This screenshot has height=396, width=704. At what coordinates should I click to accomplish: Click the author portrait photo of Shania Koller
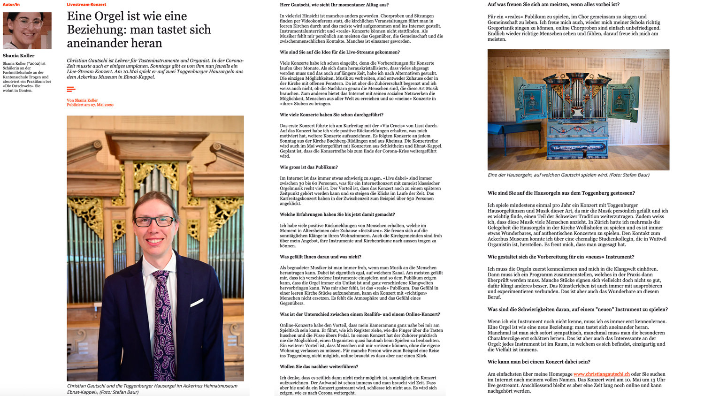(x=27, y=30)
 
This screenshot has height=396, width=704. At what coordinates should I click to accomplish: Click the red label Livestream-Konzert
(x=86, y=5)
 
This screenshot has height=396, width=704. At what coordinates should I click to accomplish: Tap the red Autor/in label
(x=11, y=5)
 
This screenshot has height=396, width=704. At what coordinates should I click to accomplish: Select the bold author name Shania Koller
(x=19, y=55)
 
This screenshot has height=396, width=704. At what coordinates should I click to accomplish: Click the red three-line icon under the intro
(x=71, y=89)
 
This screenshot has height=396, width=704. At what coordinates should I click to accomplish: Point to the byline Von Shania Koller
(x=82, y=100)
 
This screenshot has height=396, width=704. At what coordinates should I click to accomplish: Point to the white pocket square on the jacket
(x=197, y=303)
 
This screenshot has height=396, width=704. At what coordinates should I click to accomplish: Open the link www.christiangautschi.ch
(x=601, y=374)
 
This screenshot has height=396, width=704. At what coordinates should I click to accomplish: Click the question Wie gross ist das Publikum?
(x=308, y=167)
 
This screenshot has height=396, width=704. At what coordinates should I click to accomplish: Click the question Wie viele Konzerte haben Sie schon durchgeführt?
(x=331, y=114)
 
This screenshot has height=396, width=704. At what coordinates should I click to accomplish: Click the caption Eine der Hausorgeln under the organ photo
(x=568, y=175)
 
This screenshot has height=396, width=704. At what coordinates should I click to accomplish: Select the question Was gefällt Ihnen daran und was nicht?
(x=321, y=257)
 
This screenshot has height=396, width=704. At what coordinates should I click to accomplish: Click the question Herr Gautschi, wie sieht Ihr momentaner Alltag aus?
(x=334, y=5)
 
